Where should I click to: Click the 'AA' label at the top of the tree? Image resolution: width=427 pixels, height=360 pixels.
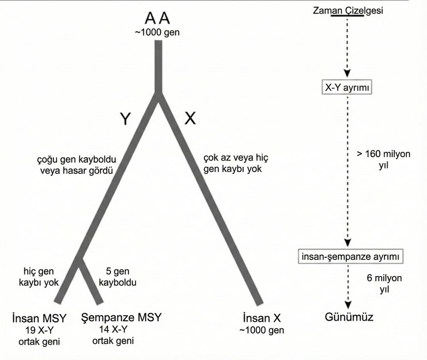157,19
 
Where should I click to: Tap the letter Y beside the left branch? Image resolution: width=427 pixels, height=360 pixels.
125,120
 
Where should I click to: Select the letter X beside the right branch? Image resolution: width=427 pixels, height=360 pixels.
190,119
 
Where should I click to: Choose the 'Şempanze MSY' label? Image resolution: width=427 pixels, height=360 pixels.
113,317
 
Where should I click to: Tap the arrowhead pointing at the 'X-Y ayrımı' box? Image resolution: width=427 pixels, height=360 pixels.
347,74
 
